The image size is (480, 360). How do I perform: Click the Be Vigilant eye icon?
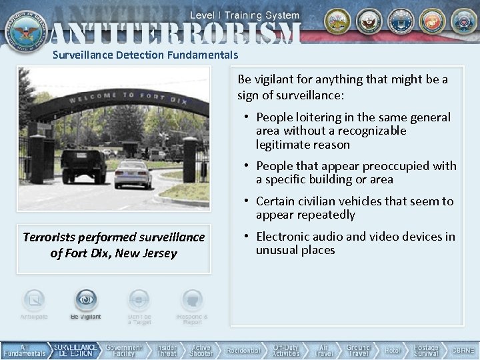click(85, 299)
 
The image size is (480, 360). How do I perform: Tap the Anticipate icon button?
click(34, 299)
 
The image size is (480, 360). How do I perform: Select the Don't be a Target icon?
click(139, 299)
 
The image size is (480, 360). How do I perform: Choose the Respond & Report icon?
click(192, 299)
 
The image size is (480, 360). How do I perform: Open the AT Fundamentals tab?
click(24, 350)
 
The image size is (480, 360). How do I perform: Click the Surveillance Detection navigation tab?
click(76, 350)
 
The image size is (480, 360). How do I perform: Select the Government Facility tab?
click(124, 350)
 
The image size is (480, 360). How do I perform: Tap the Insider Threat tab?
click(167, 350)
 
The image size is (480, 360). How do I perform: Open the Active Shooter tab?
click(201, 350)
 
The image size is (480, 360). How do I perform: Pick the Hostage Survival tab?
click(426, 350)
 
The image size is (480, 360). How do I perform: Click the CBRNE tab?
click(463, 350)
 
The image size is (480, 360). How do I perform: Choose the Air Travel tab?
click(324, 350)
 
